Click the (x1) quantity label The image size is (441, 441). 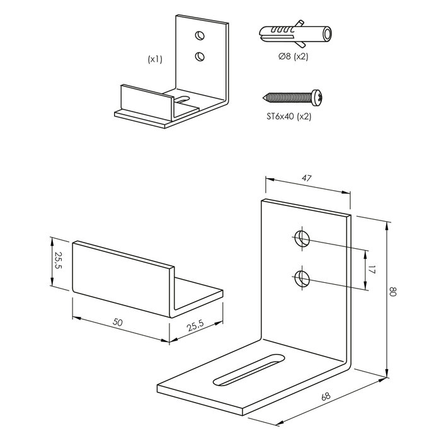155,59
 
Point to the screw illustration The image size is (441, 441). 293,98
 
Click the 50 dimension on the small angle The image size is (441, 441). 118,322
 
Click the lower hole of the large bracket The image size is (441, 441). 302,278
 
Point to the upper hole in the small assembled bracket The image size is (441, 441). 200,35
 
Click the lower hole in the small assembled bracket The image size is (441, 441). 200,57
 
